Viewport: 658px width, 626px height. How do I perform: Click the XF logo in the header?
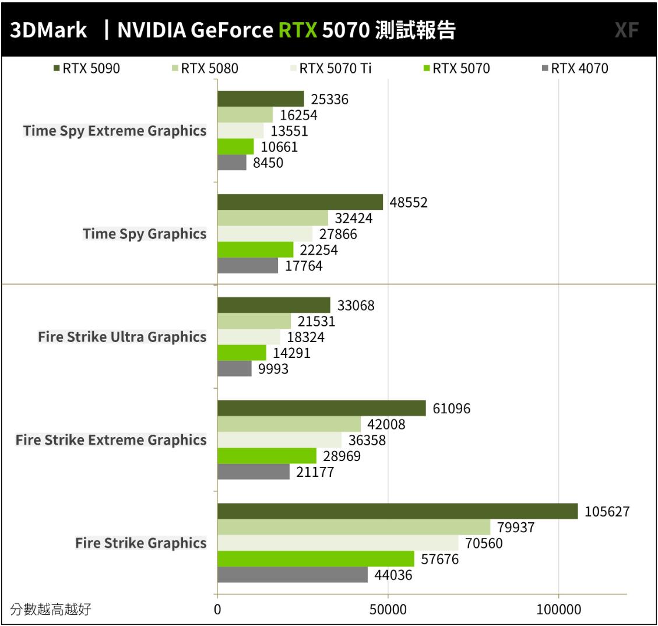click(627, 30)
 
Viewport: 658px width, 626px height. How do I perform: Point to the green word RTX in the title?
click(298, 30)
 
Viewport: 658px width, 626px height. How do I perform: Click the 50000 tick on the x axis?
click(388, 610)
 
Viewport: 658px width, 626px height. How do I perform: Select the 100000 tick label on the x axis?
click(559, 610)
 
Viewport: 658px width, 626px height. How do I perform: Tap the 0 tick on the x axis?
click(217, 610)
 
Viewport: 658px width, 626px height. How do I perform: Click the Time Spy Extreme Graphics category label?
click(115, 131)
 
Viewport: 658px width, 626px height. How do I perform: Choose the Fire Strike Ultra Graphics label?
click(122, 337)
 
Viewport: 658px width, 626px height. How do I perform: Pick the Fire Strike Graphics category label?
click(141, 543)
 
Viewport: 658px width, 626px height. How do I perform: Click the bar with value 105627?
click(397, 511)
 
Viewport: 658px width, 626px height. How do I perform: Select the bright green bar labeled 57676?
click(315, 559)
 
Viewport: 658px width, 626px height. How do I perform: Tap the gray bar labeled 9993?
click(234, 368)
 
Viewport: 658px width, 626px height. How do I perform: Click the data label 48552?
click(409, 202)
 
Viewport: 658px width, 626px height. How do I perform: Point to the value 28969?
click(342, 456)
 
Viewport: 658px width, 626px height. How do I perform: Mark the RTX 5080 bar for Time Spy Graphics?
click(273, 218)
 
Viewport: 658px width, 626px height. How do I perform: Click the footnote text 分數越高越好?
click(51, 610)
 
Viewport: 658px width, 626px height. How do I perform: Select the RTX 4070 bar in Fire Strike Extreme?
click(254, 472)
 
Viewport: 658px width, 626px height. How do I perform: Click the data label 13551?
click(289, 131)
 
